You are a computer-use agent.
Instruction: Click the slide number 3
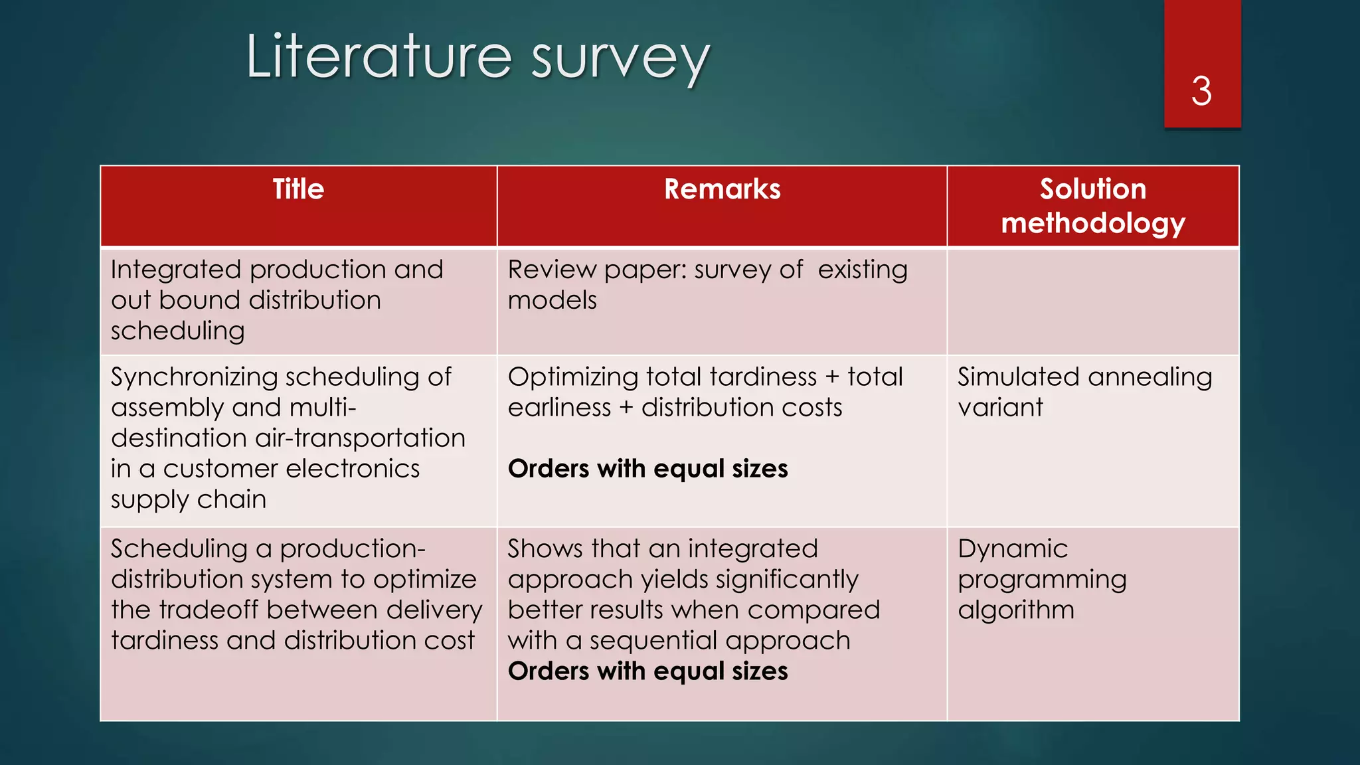click(1201, 91)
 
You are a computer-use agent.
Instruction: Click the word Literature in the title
click(379, 57)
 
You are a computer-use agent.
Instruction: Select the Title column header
click(298, 189)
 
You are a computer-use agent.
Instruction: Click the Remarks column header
click(722, 189)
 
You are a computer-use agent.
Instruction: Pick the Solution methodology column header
click(1092, 206)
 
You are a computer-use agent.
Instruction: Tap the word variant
click(1000, 408)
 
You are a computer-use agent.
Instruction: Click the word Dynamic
click(1013, 549)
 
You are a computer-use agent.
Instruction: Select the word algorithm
click(1015, 610)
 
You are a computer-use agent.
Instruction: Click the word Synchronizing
click(194, 377)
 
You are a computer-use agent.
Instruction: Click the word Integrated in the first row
click(176, 270)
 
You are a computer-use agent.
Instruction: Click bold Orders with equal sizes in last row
click(647, 671)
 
